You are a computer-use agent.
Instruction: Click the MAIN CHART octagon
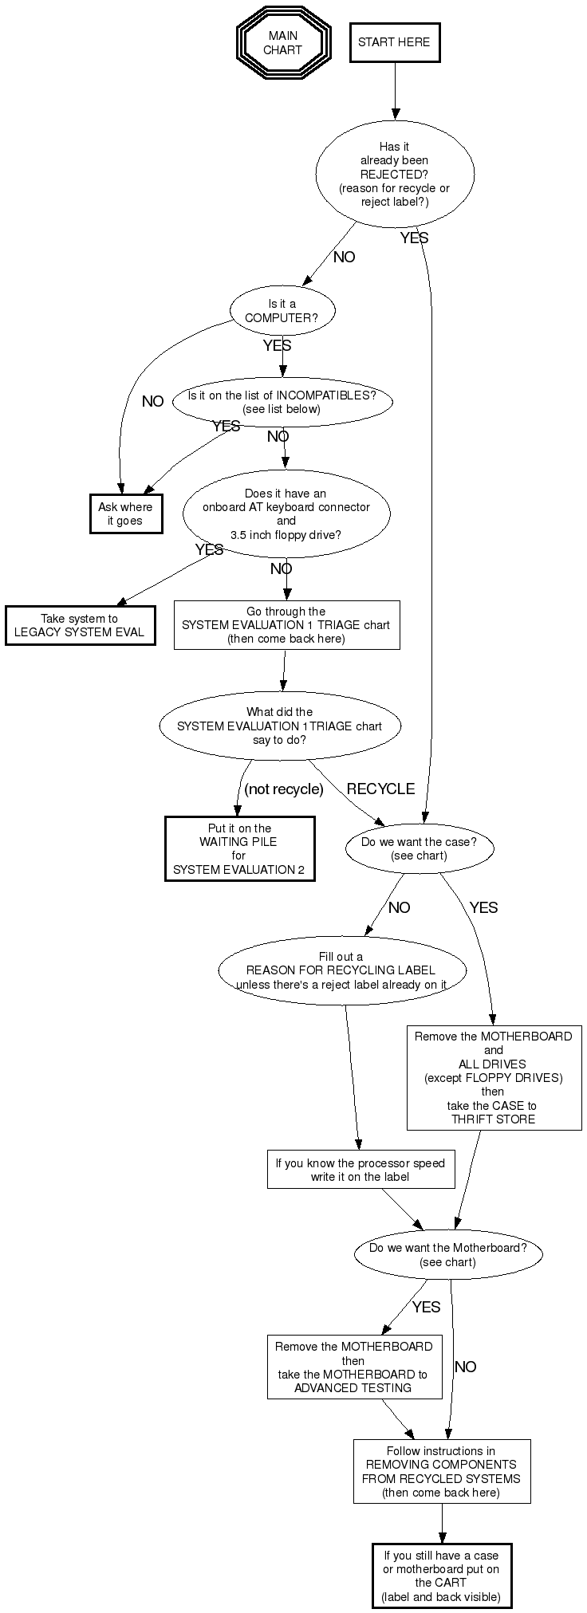(283, 43)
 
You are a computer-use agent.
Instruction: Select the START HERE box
(394, 42)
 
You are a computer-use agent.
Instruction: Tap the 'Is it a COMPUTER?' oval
(282, 310)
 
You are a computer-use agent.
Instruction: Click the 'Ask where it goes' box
(125, 513)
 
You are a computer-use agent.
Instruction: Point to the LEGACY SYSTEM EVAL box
(80, 625)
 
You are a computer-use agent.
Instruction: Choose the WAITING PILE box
(239, 848)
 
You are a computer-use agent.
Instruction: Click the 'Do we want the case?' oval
(419, 848)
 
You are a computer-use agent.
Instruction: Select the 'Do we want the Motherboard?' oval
(447, 1254)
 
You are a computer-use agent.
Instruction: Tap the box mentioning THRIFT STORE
(493, 1077)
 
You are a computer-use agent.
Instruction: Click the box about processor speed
(360, 1170)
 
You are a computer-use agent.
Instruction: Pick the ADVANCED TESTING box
(353, 1367)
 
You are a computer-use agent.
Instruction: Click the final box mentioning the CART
(441, 1576)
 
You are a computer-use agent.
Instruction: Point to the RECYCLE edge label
(380, 789)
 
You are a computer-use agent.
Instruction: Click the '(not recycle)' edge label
(284, 789)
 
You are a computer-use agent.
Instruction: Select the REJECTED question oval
(394, 173)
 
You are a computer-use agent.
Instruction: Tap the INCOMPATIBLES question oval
(282, 402)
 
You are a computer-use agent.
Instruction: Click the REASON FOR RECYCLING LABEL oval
(341, 970)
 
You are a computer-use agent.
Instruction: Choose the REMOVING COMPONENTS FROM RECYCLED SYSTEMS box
(441, 1471)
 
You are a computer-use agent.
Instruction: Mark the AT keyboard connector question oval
(286, 513)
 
